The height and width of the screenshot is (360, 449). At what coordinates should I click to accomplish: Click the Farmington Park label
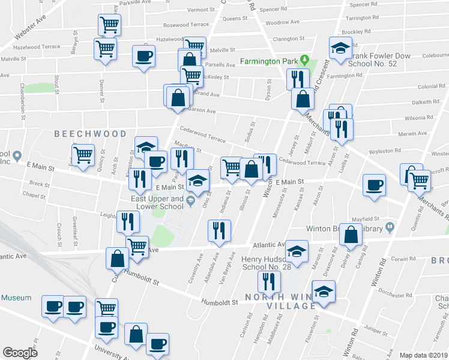tap(270, 61)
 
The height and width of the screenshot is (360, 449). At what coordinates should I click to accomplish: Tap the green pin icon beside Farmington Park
tap(304, 60)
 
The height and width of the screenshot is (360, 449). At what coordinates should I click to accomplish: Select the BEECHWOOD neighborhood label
tap(90, 134)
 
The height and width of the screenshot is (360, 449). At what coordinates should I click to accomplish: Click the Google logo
tap(20, 353)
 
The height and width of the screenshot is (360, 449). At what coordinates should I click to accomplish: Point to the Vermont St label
tap(200, 10)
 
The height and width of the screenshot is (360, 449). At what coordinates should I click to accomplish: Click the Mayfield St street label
tap(366, 219)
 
